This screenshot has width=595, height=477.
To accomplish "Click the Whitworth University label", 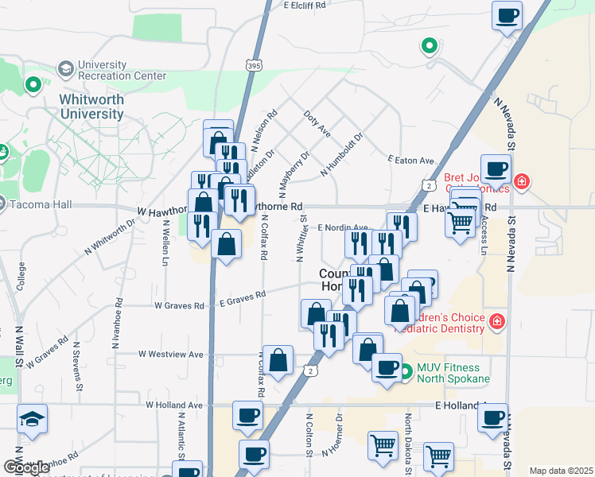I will pyautogui.click(x=91, y=107).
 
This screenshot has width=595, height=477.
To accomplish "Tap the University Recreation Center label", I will pyautogui.click(x=122, y=71).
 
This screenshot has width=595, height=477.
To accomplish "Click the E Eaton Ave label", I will pyautogui.click(x=411, y=160).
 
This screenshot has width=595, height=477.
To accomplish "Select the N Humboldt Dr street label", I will pyautogui.click(x=341, y=155).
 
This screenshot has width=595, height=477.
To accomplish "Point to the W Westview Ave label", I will pyautogui.click(x=171, y=354).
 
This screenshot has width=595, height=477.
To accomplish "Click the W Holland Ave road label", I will pyautogui.click(x=174, y=405).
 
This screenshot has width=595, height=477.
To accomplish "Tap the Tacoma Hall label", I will pyautogui.click(x=41, y=204).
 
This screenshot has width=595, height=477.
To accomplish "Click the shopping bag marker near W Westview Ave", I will pyautogui.click(x=278, y=360).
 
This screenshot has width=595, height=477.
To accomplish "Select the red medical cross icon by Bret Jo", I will pyautogui.click(x=521, y=181).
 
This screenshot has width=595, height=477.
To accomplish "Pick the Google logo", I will pyautogui.click(x=27, y=467).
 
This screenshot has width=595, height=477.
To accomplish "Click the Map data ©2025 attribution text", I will pyautogui.click(x=560, y=471).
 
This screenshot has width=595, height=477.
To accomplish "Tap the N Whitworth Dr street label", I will pyautogui.click(x=111, y=237).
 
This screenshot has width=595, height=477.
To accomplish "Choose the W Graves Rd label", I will pyautogui.click(x=179, y=304).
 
